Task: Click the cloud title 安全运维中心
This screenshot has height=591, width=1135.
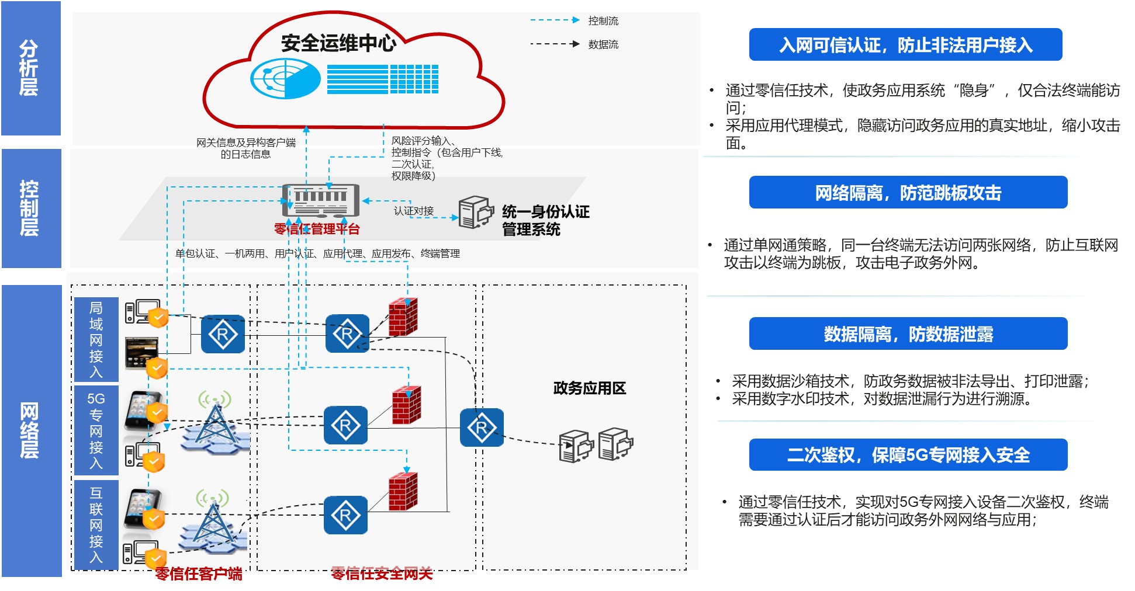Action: (338, 43)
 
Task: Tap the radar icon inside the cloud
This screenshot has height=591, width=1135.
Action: (285, 79)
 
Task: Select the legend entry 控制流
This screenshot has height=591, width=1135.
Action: (603, 21)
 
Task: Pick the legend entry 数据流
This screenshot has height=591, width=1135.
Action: (603, 44)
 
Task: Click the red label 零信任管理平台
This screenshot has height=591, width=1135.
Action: (317, 229)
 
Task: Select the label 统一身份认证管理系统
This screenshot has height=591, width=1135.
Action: (545, 220)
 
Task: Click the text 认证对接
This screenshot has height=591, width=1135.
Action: (414, 211)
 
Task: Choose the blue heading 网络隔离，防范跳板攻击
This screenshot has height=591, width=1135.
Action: (908, 193)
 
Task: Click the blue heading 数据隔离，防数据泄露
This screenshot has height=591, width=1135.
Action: (908, 334)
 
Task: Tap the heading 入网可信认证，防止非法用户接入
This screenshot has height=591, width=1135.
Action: (905, 45)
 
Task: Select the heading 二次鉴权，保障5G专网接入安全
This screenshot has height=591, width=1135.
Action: (908, 455)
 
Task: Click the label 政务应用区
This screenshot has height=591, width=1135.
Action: (589, 388)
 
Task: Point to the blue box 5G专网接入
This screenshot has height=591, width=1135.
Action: (96, 430)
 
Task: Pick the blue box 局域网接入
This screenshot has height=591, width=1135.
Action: (96, 339)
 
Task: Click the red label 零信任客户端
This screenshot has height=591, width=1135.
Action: (199, 574)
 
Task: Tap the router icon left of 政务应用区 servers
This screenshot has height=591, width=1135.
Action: (482, 428)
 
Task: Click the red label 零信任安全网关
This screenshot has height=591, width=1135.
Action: (382, 574)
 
